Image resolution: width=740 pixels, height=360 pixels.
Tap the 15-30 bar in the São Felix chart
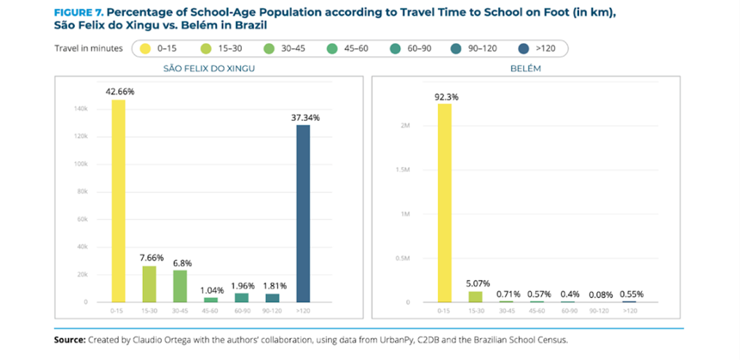coord(149,283)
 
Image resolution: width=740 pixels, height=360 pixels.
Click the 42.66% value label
coord(119,92)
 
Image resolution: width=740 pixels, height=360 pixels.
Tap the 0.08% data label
coord(601,294)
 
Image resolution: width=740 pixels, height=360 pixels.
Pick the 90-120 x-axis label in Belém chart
coord(599,311)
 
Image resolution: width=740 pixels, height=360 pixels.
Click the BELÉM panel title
coord(521,69)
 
